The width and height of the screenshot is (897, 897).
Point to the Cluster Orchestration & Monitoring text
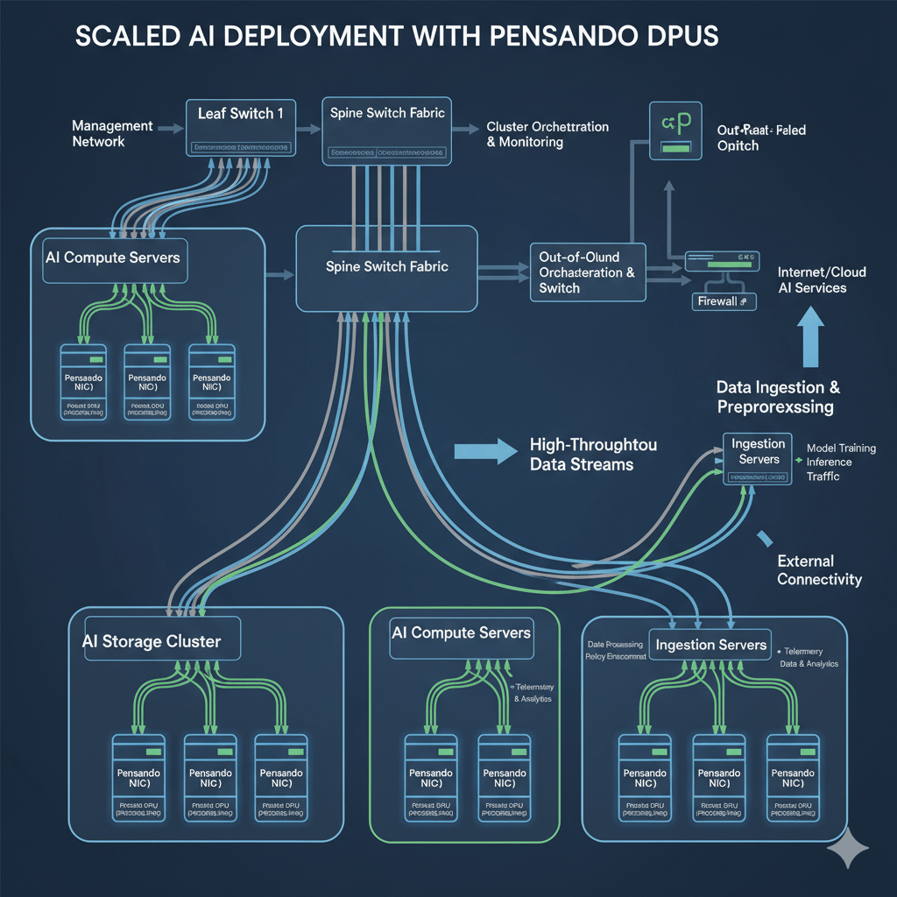click(547, 134)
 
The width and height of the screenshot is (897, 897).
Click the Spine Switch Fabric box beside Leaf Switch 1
click(386, 128)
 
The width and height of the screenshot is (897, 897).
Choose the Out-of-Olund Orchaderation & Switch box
click(588, 272)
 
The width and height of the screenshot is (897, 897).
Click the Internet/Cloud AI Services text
click(812, 280)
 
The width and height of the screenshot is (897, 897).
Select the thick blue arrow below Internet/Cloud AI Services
click(811, 343)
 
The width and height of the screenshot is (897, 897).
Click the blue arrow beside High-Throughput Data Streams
click(487, 453)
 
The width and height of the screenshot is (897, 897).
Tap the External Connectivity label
click(819, 570)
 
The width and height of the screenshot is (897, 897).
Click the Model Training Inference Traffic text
click(840, 463)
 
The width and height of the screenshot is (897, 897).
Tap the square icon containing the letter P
click(675, 131)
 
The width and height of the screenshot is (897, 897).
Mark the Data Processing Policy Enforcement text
click(614, 649)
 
